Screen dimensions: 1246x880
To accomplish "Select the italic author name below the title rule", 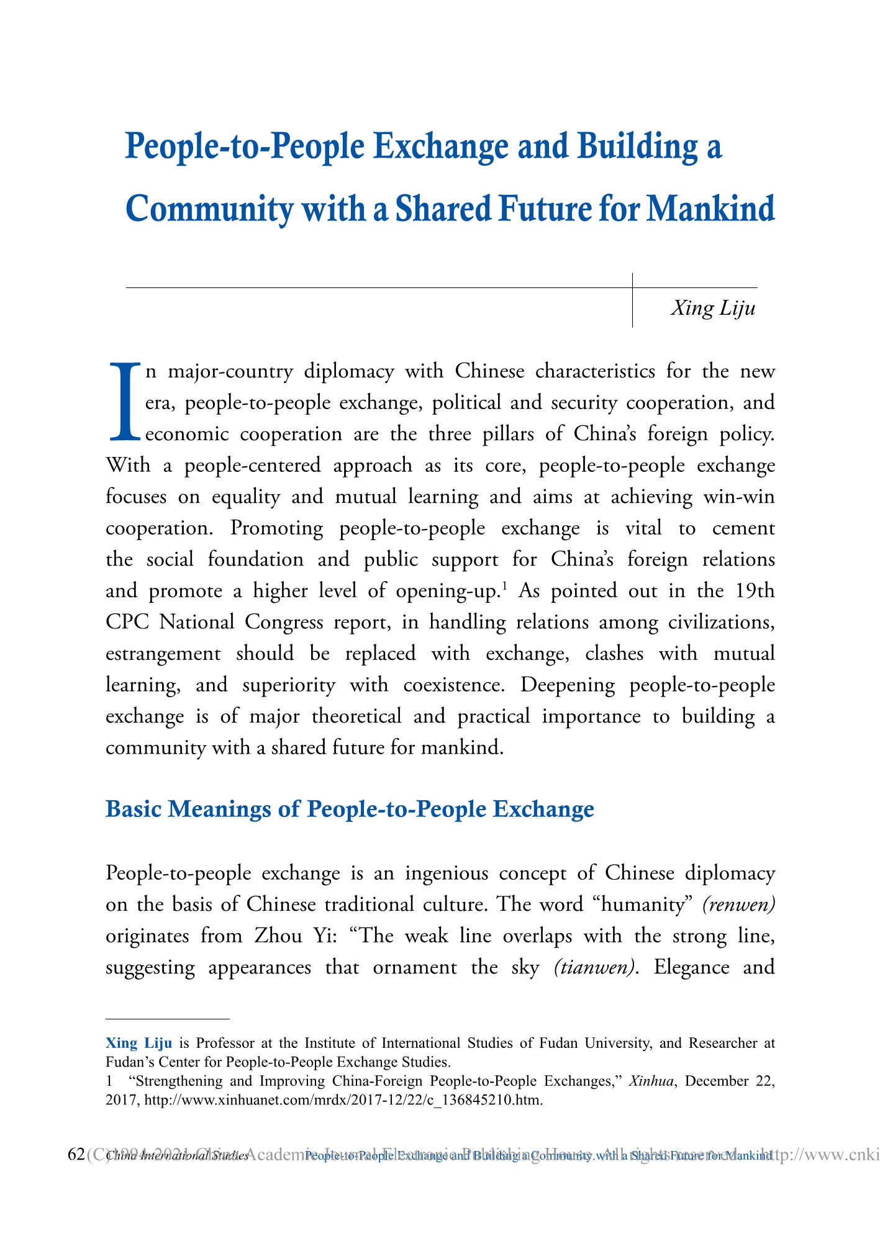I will [713, 308].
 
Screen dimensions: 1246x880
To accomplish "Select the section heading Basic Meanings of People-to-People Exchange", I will [350, 810].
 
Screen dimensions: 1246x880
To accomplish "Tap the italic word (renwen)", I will [738, 904].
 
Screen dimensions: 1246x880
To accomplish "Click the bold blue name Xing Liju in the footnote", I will [138, 1042].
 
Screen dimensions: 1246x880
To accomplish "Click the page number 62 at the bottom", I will [75, 1155].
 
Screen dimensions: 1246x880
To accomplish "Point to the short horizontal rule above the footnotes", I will [168, 1019].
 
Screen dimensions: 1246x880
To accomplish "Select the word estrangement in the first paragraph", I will [163, 653].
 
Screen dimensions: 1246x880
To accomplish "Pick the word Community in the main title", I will [208, 209].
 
